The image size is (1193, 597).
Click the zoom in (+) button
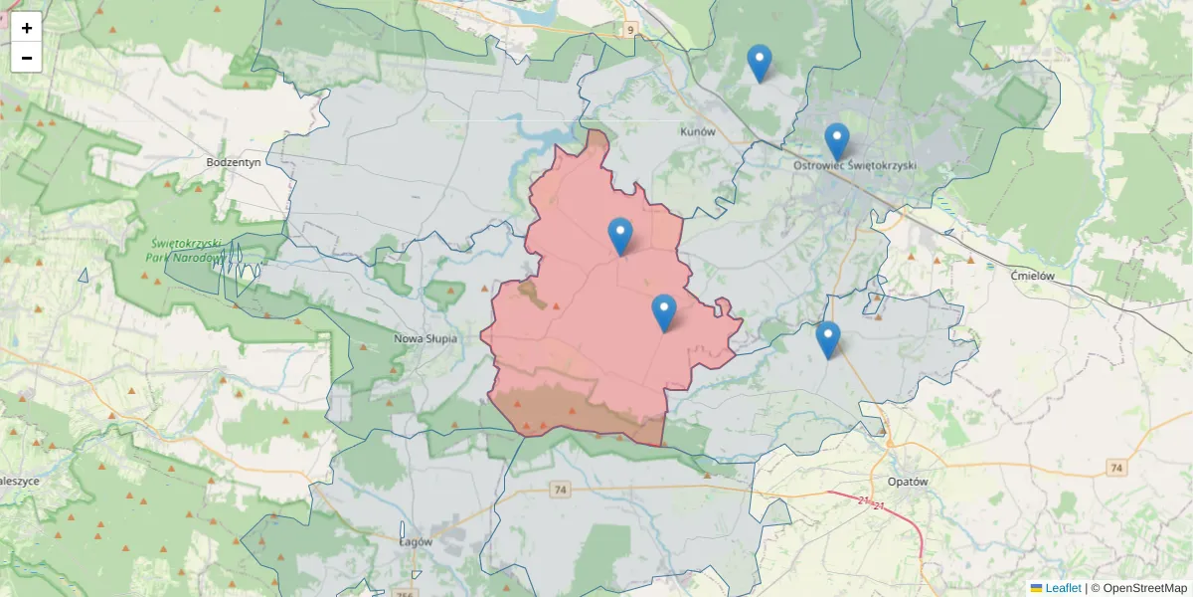(27, 28)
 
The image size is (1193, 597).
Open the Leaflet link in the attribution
(1063, 588)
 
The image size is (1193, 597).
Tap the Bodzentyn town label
(234, 161)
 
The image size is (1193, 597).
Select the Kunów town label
(698, 131)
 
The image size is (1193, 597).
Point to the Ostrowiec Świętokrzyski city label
(855, 165)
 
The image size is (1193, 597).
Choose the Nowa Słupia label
(426, 338)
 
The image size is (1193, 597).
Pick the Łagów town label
(416, 542)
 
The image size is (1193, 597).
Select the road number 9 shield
(630, 30)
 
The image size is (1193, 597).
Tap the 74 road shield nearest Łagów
(561, 489)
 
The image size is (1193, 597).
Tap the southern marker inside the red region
(664, 313)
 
